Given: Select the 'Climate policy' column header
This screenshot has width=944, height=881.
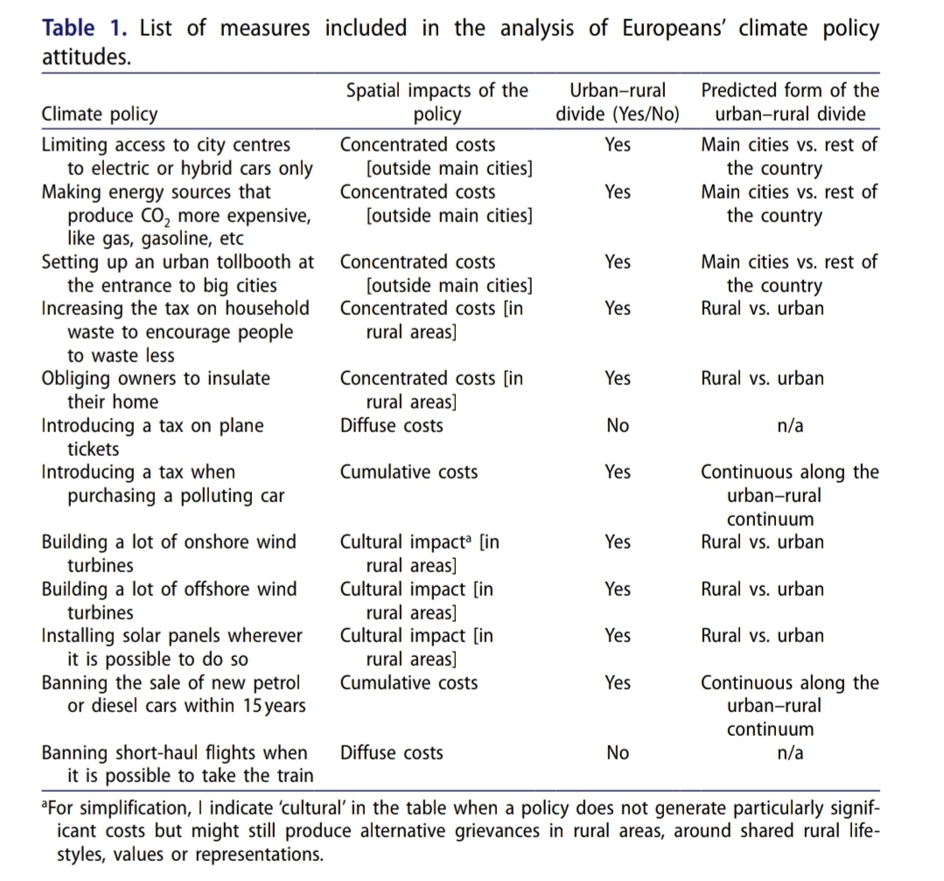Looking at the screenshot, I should [x=100, y=114].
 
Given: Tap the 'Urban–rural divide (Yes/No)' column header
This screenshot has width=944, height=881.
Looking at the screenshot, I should [x=617, y=102].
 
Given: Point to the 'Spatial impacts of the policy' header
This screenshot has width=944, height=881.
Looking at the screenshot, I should [x=437, y=102].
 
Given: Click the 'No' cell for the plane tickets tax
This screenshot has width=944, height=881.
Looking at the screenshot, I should [x=617, y=426].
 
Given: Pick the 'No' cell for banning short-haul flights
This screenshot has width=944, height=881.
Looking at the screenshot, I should [x=617, y=753].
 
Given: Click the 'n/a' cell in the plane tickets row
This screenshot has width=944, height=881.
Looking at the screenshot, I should [x=791, y=426].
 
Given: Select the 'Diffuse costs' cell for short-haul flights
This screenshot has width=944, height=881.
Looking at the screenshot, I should [x=391, y=753].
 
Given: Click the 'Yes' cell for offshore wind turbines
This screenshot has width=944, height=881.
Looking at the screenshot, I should [x=617, y=590].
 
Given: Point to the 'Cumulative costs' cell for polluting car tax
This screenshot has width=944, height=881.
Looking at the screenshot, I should [x=409, y=472].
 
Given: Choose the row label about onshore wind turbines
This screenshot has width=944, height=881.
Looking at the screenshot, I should [x=169, y=554].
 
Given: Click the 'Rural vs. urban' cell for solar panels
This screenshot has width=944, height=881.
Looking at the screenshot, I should [x=762, y=636].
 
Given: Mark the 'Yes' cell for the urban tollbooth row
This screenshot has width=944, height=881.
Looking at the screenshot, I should [x=617, y=262].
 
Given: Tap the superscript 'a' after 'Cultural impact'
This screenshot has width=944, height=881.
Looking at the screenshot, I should [x=472, y=539].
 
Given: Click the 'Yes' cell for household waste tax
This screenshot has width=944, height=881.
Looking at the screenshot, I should [x=617, y=309].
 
